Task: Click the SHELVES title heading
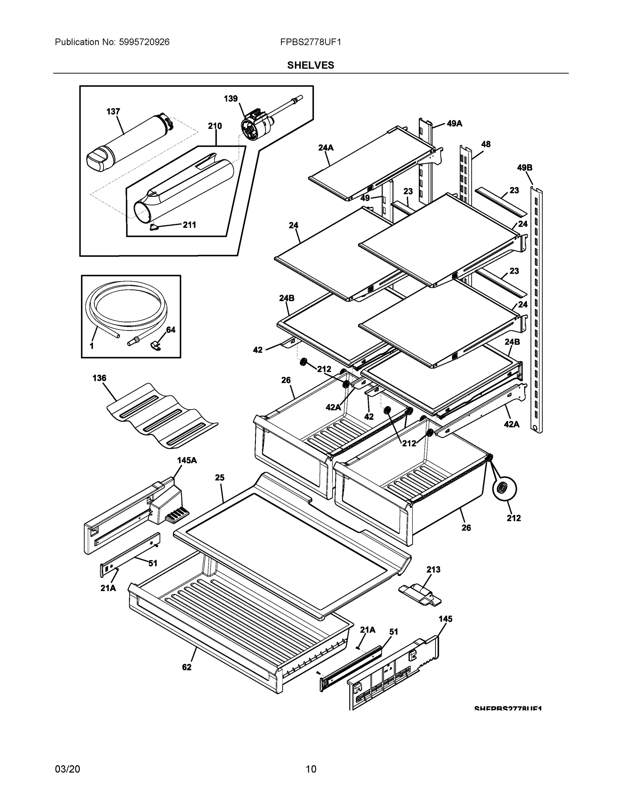point(310,65)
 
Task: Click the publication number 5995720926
point(144,42)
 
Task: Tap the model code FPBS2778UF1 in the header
point(310,42)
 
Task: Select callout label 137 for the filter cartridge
point(113,112)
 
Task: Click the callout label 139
point(231,99)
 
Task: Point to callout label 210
point(215,126)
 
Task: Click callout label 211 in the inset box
point(189,225)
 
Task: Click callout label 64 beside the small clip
point(171,330)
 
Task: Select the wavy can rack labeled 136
point(162,416)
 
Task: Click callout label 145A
point(187,460)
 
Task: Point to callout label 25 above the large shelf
point(220,477)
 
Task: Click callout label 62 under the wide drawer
point(187,667)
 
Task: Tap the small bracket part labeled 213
point(420,595)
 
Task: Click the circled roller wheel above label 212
point(504,488)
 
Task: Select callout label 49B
point(524,168)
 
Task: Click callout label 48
point(486,144)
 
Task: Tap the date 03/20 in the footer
point(67,769)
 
